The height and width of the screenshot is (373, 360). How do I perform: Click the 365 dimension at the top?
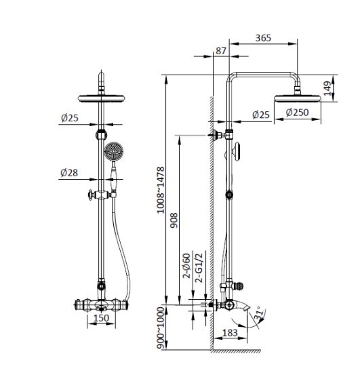[263, 39]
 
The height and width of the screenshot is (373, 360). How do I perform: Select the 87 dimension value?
[220, 51]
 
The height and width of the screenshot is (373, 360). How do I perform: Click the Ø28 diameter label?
[68, 173]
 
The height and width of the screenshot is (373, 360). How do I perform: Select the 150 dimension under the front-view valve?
[100, 319]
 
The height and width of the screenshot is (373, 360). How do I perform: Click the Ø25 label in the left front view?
[68, 118]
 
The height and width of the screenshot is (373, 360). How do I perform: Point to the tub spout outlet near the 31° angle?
[256, 311]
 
